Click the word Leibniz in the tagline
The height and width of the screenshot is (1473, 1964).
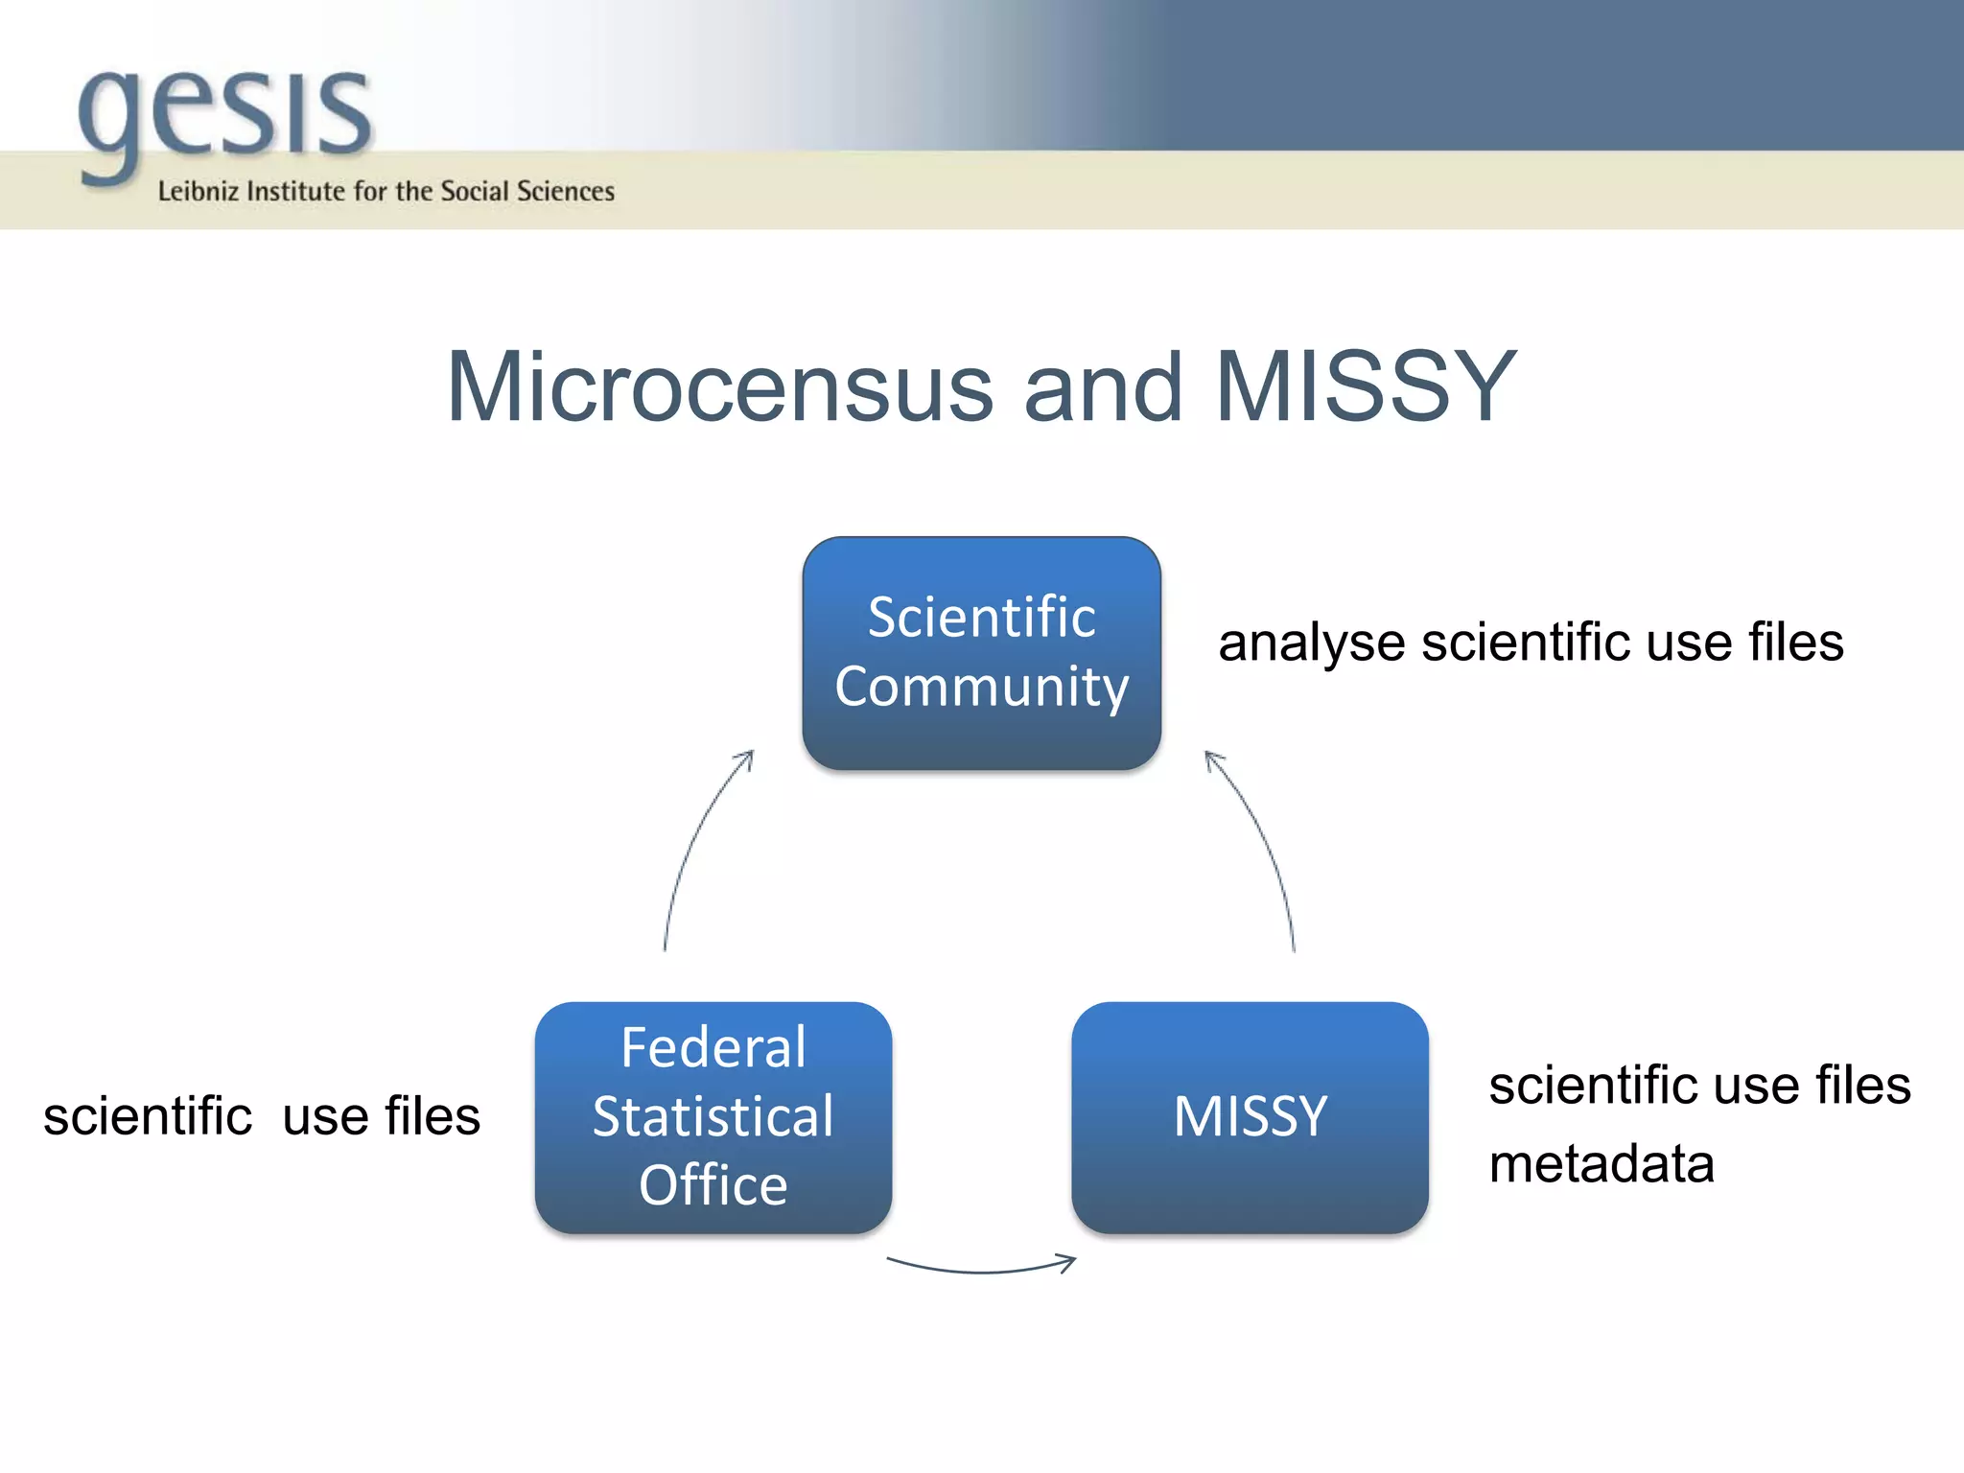click(x=198, y=192)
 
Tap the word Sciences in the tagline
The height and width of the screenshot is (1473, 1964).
click(x=565, y=192)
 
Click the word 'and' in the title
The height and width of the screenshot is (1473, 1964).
click(x=1103, y=388)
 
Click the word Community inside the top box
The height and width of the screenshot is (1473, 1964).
click(x=981, y=687)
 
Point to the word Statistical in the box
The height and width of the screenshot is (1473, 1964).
click(x=713, y=1117)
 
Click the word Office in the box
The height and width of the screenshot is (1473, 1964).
click(x=713, y=1185)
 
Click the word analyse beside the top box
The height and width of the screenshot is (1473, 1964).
click(x=1311, y=643)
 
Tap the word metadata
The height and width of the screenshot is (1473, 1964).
click(x=1601, y=1164)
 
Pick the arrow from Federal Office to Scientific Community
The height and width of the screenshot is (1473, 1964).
click(x=695, y=844)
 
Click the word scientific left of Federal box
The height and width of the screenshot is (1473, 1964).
click(x=148, y=1117)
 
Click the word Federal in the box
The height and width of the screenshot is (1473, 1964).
click(x=713, y=1047)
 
